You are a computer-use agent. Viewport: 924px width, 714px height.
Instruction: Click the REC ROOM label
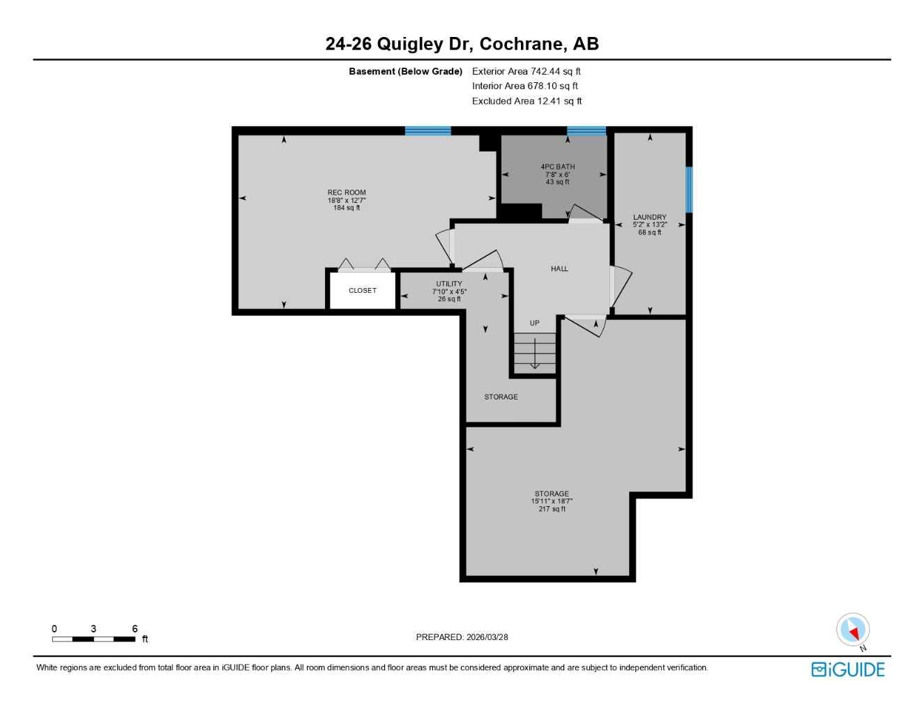pyautogui.click(x=347, y=192)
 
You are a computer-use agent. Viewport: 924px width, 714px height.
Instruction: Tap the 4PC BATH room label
pyautogui.click(x=557, y=167)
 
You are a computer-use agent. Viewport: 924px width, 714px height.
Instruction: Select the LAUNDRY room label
pyautogui.click(x=649, y=217)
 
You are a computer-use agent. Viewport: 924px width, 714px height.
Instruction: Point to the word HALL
pyautogui.click(x=559, y=268)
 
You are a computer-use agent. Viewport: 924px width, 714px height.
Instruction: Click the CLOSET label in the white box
pyautogui.click(x=362, y=290)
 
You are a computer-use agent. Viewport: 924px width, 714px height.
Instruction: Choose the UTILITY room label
pyautogui.click(x=449, y=284)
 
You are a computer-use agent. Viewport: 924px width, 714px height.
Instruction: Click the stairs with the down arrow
pyautogui.click(x=535, y=354)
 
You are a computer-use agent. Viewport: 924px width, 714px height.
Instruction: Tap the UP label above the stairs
pyautogui.click(x=534, y=323)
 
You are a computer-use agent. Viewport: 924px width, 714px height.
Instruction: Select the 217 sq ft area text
pyautogui.click(x=552, y=509)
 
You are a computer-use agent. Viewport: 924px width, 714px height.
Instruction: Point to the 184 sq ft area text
pyautogui.click(x=347, y=208)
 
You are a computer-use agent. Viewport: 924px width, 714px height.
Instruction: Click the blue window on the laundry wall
pyautogui.click(x=689, y=189)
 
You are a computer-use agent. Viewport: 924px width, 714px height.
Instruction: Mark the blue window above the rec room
pyautogui.click(x=427, y=130)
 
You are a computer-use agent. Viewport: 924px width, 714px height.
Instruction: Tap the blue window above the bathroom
pyautogui.click(x=586, y=130)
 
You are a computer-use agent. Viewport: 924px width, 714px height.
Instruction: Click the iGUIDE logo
pyautogui.click(x=848, y=669)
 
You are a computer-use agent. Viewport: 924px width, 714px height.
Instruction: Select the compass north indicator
pyautogui.click(x=853, y=630)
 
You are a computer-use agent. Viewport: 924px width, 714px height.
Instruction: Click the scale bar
pyautogui.click(x=93, y=639)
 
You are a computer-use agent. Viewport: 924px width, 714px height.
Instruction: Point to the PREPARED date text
pyautogui.click(x=462, y=637)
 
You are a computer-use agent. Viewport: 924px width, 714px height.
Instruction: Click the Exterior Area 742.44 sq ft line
pyautogui.click(x=526, y=71)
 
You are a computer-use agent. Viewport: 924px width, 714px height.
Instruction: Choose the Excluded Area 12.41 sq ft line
pyautogui.click(x=527, y=101)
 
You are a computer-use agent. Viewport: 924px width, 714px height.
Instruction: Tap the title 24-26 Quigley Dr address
pyautogui.click(x=462, y=44)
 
